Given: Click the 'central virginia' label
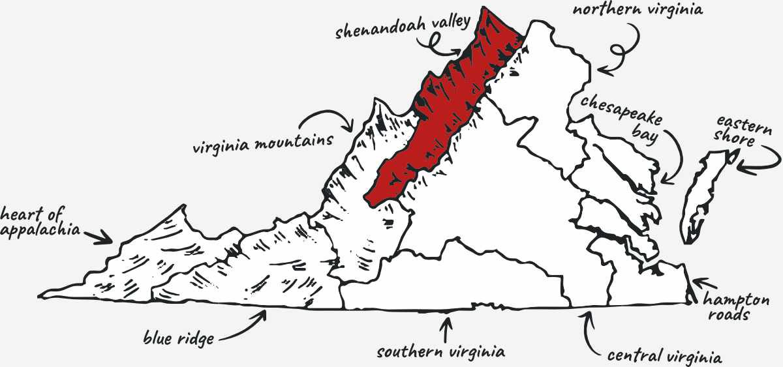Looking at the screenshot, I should pos(664,357).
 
